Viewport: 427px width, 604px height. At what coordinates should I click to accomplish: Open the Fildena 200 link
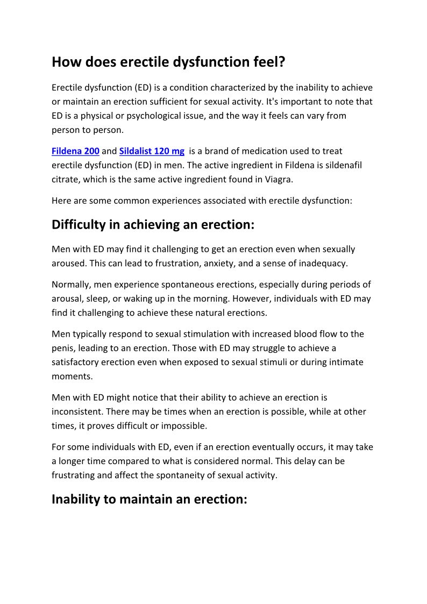click(75, 151)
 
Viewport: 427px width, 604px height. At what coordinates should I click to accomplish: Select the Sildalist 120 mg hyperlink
click(152, 151)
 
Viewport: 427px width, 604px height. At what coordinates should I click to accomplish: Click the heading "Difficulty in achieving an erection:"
click(153, 225)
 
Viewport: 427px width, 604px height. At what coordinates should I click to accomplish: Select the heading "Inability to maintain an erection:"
click(149, 499)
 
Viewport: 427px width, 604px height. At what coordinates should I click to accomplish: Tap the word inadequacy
click(321, 263)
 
